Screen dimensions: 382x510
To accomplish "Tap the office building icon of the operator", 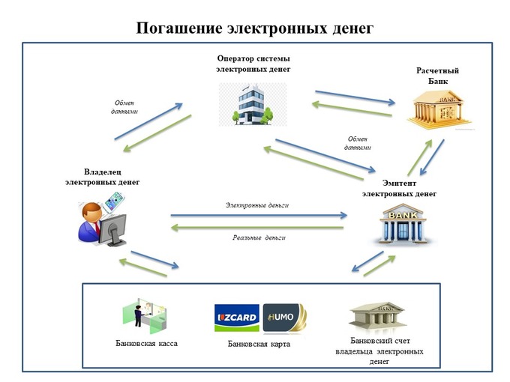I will [253, 104].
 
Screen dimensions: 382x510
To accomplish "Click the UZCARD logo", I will [237, 318].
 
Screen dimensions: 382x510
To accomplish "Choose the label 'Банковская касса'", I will [147, 344].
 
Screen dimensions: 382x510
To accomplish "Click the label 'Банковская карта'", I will [258, 345].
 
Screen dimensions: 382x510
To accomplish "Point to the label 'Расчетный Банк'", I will [437, 76].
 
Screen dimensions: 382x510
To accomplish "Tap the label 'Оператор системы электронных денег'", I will [253, 64].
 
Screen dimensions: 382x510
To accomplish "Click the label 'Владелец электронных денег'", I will [102, 177].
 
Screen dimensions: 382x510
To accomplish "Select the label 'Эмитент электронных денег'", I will [399, 188].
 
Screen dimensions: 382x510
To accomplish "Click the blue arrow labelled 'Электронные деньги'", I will [259, 215].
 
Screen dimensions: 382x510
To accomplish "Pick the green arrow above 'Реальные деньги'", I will [259, 226].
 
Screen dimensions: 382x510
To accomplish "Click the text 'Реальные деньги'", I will [259, 237].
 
